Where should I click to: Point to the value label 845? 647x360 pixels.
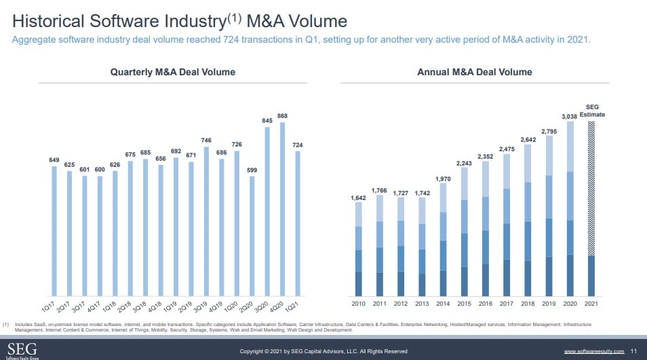coord(267,121)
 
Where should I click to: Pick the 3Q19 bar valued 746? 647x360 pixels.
coord(206,220)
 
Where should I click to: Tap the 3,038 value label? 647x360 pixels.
coord(570,117)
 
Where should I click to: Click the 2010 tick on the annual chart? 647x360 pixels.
coord(358,304)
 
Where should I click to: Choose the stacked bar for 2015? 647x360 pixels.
coord(465,231)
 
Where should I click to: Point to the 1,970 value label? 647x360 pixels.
coord(443,178)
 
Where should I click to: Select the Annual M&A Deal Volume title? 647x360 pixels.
coord(474,72)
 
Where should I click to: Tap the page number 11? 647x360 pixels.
coord(633,351)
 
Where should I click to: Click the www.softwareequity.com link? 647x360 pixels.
coord(593,351)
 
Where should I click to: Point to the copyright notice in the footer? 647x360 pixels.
coord(323,351)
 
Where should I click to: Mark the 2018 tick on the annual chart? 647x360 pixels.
coord(528,304)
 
